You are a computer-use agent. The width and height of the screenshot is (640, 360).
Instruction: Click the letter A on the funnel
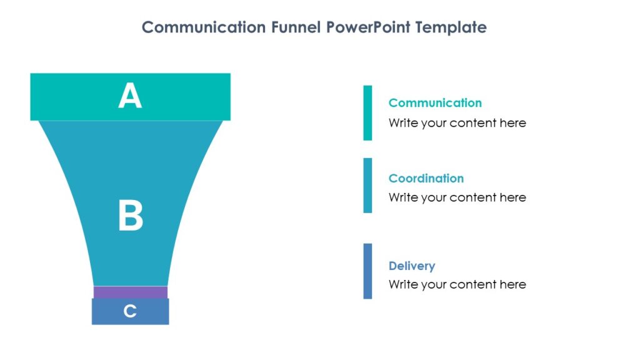coord(130,97)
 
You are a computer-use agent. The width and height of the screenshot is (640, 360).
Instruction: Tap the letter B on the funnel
coord(131,216)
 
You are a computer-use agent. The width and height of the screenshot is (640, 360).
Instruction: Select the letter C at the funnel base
coord(130,311)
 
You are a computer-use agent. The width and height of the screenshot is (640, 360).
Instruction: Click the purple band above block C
coord(131,292)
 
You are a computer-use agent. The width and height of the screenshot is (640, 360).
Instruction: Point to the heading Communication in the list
coord(435,103)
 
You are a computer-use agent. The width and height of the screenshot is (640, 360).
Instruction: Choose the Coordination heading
coord(426,178)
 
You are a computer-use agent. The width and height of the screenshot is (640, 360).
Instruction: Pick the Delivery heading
coord(412,266)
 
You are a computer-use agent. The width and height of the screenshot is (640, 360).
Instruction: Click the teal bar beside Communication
coord(367,112)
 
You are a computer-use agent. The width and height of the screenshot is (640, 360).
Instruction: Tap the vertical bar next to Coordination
coord(367,185)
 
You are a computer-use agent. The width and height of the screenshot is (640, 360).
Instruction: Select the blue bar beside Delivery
coord(367,271)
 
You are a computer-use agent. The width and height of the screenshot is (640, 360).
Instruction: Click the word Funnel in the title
coord(297,27)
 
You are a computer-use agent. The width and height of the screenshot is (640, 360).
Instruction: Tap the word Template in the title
coord(451,27)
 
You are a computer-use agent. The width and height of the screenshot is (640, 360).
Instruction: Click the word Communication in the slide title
coord(204,27)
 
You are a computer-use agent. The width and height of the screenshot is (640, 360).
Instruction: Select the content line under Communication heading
coord(457,123)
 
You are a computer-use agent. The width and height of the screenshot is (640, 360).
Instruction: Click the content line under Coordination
coord(457,197)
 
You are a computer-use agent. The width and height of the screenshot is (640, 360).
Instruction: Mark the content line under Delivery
coord(457,284)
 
